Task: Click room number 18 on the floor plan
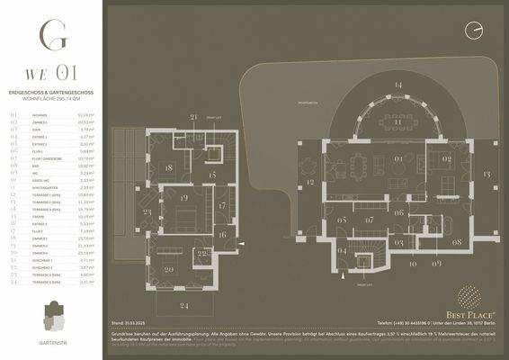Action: pos(169,167)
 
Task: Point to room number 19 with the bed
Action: pos(183,197)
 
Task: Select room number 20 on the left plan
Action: pos(168,269)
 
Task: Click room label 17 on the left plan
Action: pos(221,206)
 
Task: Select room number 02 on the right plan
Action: pos(445,160)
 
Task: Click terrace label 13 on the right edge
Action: pos(487,172)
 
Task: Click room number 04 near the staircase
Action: pos(341,250)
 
